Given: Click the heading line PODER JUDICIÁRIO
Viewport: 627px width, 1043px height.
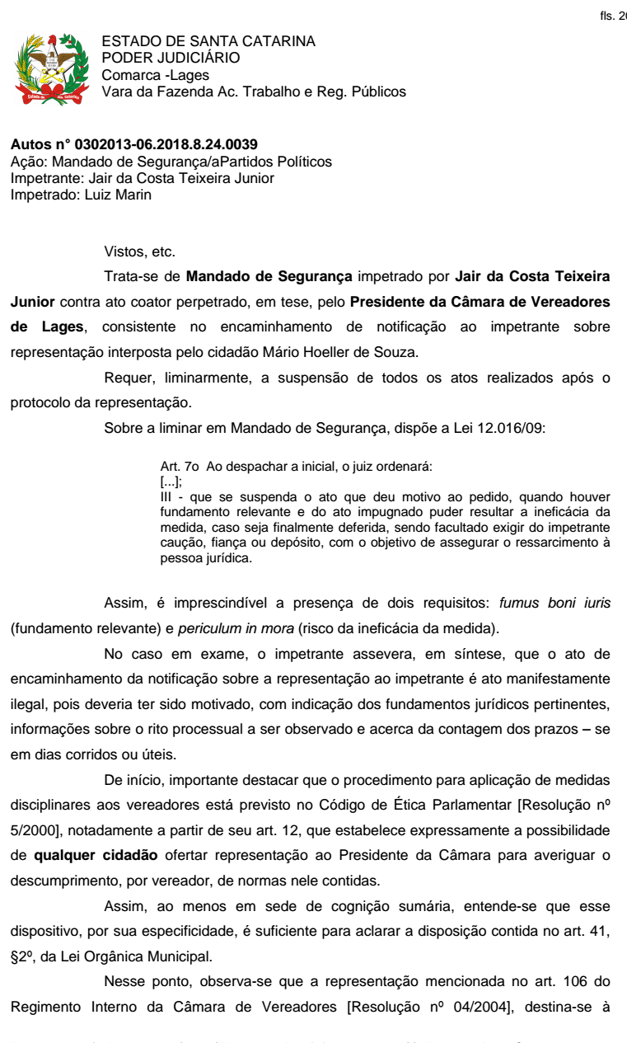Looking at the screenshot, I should click(171, 58).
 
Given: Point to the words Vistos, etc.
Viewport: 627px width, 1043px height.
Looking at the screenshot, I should click(140, 251).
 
